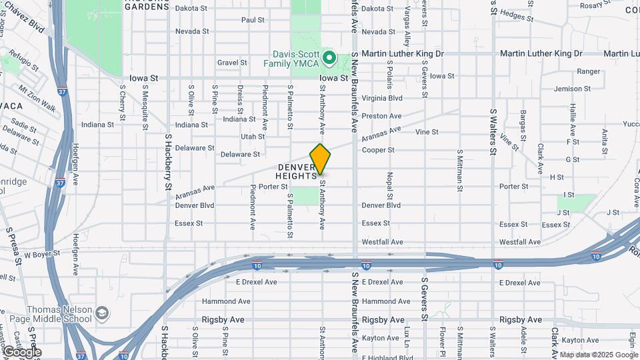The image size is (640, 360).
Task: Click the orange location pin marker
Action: [x=321, y=159]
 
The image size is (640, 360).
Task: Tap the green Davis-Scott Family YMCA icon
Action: [x=329, y=58]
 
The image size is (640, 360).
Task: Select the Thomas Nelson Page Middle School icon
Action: [x=102, y=313]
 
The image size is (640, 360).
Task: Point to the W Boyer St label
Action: [x=42, y=254]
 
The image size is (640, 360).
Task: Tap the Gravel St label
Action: [x=232, y=63]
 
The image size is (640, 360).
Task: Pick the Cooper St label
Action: [x=378, y=150]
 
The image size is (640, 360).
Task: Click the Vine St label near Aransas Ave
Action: [x=427, y=132]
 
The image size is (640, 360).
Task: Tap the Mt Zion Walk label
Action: [x=37, y=97]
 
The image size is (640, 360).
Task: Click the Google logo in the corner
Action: [x=22, y=351]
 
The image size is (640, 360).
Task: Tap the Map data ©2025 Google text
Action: [x=599, y=355]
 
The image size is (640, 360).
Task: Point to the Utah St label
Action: [x=253, y=136]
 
